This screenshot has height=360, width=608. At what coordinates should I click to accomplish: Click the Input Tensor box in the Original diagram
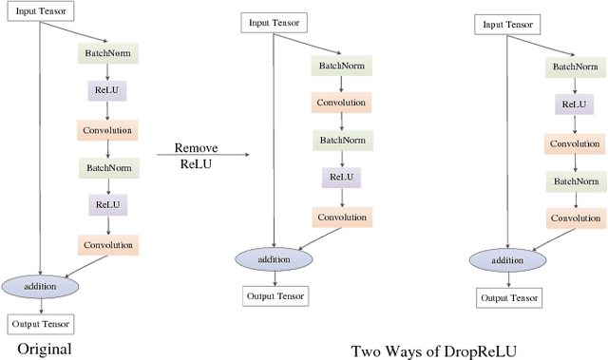39,10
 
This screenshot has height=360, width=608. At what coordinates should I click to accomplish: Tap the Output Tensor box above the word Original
39,323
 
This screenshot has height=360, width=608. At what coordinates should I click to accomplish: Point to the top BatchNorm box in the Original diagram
108,52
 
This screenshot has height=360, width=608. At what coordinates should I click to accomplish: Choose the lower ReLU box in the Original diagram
108,204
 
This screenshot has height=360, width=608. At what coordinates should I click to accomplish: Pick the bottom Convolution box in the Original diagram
108,244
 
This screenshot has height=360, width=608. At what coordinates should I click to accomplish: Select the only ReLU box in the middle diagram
342,177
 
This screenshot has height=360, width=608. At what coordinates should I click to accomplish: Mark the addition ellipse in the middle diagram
275,258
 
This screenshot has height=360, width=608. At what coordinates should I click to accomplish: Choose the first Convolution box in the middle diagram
342,102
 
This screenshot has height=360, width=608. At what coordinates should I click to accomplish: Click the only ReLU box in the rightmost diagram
574,104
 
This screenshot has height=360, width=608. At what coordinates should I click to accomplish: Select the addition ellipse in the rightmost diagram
506,260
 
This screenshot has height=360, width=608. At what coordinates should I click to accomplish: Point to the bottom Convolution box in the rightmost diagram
574,218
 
